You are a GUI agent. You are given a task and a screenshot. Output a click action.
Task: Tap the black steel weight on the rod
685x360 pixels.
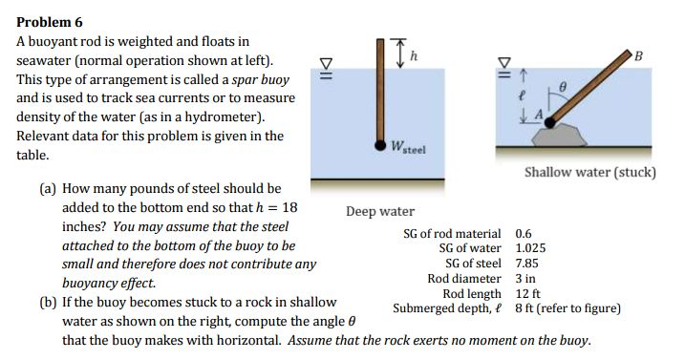pyautogui.click(x=381, y=146)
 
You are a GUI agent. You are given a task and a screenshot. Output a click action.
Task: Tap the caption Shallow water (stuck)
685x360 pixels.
pyautogui.click(x=589, y=173)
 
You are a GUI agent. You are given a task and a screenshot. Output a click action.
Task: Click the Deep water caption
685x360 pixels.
pyautogui.click(x=379, y=210)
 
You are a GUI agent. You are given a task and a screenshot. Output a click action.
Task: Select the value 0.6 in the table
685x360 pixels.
pyautogui.click(x=524, y=233)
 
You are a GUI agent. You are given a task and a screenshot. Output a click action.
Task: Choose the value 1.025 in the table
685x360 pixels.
pyautogui.click(x=530, y=248)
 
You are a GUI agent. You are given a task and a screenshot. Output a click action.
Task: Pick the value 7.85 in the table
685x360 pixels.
pyautogui.click(x=527, y=264)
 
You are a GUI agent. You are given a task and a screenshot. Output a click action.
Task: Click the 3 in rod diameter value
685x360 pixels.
pyautogui.click(x=525, y=279)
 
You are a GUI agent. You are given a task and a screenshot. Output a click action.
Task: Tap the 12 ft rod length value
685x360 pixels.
pyautogui.click(x=528, y=294)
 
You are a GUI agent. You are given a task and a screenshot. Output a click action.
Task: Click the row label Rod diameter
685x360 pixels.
pyautogui.click(x=463, y=279)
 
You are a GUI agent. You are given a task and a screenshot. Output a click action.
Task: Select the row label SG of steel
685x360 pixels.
pyautogui.click(x=473, y=264)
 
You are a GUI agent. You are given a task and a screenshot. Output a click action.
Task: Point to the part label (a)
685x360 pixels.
pyautogui.click(x=47, y=189)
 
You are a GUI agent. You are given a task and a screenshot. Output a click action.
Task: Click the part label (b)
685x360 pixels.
pyautogui.click(x=47, y=301)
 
